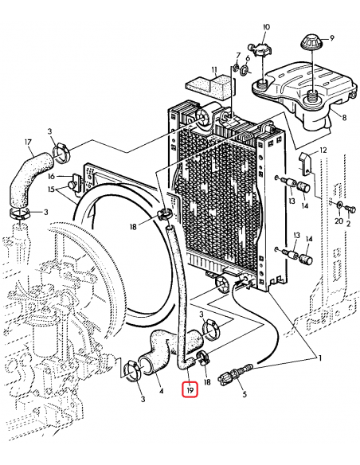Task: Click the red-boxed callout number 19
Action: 190,390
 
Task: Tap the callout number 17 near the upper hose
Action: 29,144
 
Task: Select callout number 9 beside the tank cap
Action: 332,37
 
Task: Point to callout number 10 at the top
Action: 266,27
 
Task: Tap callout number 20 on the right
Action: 337,209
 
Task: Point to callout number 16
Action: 49,176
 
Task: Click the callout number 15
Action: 49,190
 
